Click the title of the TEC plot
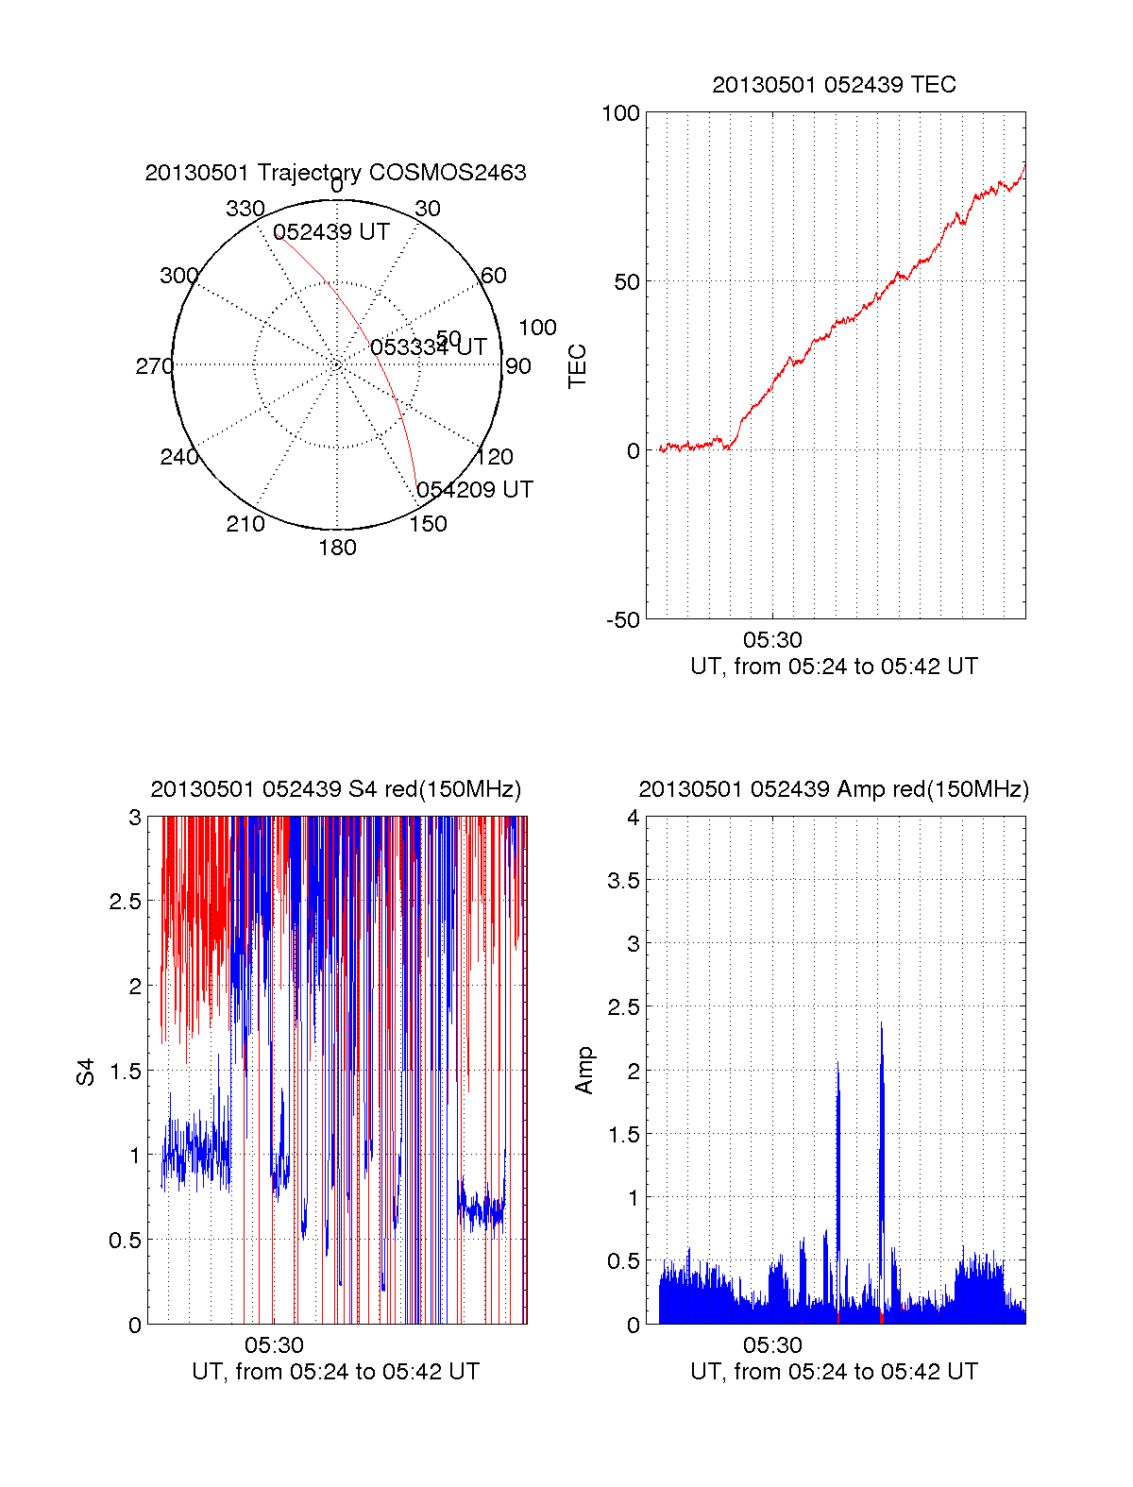tap(834, 85)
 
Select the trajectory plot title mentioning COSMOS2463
tap(335, 173)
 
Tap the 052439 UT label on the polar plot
tap(331, 232)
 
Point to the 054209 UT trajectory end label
tap(475, 490)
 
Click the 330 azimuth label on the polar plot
tap(245, 209)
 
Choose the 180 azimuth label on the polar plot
tap(337, 548)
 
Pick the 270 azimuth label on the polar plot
tap(154, 366)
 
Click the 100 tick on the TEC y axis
tap(620, 113)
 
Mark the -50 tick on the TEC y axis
tap(623, 620)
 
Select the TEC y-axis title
tap(577, 366)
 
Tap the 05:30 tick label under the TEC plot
tap(772, 640)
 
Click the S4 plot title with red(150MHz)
tap(335, 789)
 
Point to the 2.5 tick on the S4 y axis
tap(126, 902)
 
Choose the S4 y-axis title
tap(86, 1072)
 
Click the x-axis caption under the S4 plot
tap(335, 1372)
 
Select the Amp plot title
tap(834, 789)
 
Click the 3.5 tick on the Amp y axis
tap(622, 881)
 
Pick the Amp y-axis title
tap(584, 1071)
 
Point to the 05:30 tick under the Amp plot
tap(772, 1345)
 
